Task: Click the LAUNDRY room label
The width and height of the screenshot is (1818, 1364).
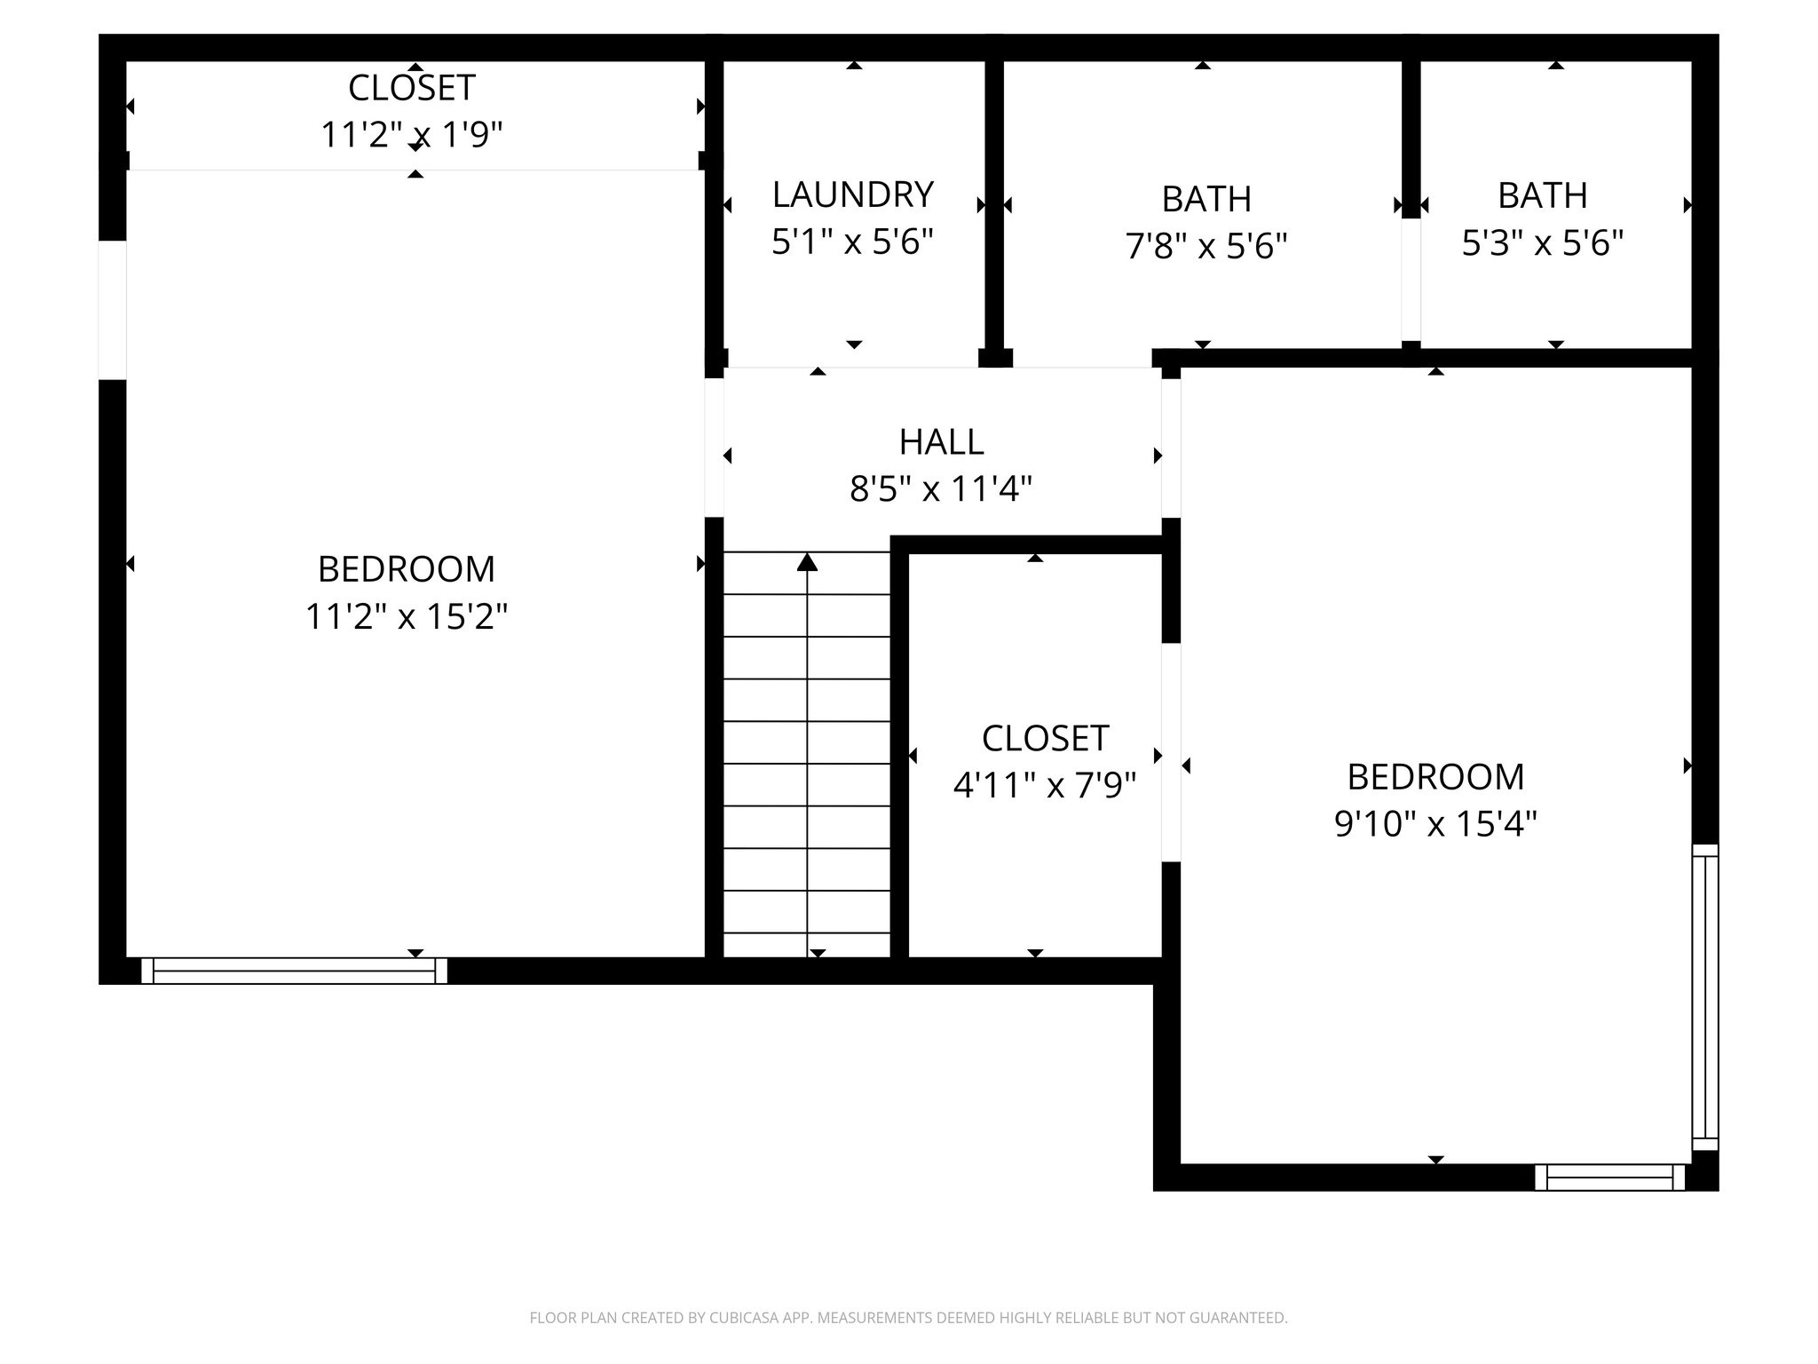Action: point(852,194)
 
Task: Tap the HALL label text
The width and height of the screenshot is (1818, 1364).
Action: point(941,441)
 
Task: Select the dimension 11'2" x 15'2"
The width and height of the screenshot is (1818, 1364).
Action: point(407,615)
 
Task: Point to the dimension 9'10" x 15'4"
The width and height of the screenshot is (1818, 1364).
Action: point(1435,823)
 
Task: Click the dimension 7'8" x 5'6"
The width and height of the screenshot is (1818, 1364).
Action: point(1206,245)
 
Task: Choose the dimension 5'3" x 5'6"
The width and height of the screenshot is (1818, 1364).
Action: point(1543,242)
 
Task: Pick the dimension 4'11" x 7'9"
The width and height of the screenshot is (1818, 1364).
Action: point(1044,785)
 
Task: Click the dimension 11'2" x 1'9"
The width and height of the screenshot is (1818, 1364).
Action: point(411,135)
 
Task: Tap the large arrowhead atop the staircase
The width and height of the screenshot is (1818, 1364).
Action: point(807,562)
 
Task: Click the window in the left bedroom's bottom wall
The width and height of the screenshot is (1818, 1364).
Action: point(294,971)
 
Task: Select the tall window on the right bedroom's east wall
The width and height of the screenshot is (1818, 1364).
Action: point(1704,997)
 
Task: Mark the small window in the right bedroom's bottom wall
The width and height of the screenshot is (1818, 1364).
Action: point(1609,1178)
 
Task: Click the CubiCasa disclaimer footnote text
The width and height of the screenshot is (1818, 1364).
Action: point(908,1318)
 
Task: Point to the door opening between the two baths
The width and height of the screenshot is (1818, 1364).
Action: point(1411,279)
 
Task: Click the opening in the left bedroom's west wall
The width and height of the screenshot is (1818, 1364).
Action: point(112,310)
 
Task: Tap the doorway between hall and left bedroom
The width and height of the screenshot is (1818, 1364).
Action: point(714,448)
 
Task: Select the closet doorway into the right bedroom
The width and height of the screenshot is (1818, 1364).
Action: point(1171,751)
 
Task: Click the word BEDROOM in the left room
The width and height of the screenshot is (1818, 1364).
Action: point(407,569)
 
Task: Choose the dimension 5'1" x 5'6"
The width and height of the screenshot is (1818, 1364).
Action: point(852,242)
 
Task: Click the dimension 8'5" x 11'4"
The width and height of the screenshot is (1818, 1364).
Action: point(941,488)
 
